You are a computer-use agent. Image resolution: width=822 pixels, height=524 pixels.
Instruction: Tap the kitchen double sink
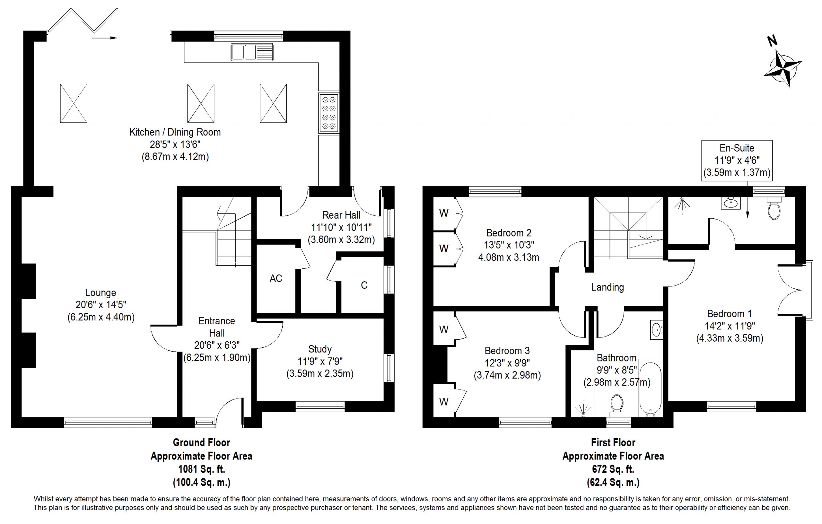click(x=252, y=52)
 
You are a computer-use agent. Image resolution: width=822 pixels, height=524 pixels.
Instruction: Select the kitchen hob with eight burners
click(x=329, y=113)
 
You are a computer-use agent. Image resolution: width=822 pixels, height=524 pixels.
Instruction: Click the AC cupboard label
click(x=276, y=279)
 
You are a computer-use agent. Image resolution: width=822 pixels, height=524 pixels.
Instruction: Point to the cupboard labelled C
click(x=364, y=285)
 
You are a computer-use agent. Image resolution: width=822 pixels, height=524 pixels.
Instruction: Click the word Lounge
click(x=101, y=293)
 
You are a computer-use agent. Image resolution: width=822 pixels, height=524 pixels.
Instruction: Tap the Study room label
click(x=320, y=349)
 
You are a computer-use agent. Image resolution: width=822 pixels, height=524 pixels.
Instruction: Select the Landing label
click(x=608, y=287)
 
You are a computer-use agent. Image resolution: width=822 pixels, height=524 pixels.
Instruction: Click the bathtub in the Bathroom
click(x=650, y=388)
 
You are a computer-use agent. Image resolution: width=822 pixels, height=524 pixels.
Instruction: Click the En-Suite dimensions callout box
click(x=737, y=160)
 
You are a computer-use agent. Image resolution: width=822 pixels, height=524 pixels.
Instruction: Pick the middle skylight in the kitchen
click(x=201, y=103)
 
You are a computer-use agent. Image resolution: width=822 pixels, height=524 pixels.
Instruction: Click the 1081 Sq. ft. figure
click(x=202, y=469)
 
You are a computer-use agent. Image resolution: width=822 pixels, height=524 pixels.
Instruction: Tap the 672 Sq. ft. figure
click(x=613, y=469)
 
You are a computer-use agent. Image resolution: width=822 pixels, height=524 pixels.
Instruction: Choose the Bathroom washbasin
click(x=656, y=330)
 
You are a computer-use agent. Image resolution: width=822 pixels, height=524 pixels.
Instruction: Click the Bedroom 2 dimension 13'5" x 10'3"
click(x=509, y=245)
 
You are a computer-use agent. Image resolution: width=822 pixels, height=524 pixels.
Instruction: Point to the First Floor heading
click(x=613, y=443)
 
